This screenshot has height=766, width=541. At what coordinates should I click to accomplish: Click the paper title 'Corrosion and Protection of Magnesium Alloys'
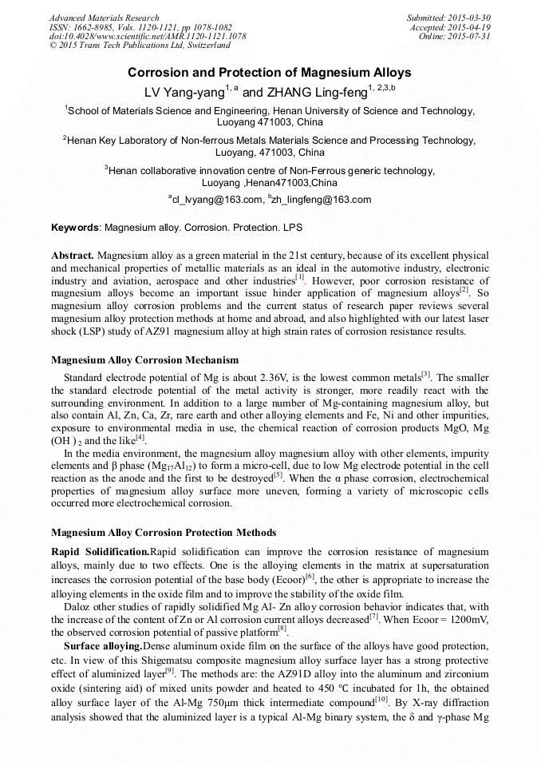270,73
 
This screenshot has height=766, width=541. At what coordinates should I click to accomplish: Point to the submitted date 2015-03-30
470,18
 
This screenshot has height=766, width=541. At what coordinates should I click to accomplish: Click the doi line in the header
148,37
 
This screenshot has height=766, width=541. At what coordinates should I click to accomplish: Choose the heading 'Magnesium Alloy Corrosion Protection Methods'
164,532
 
